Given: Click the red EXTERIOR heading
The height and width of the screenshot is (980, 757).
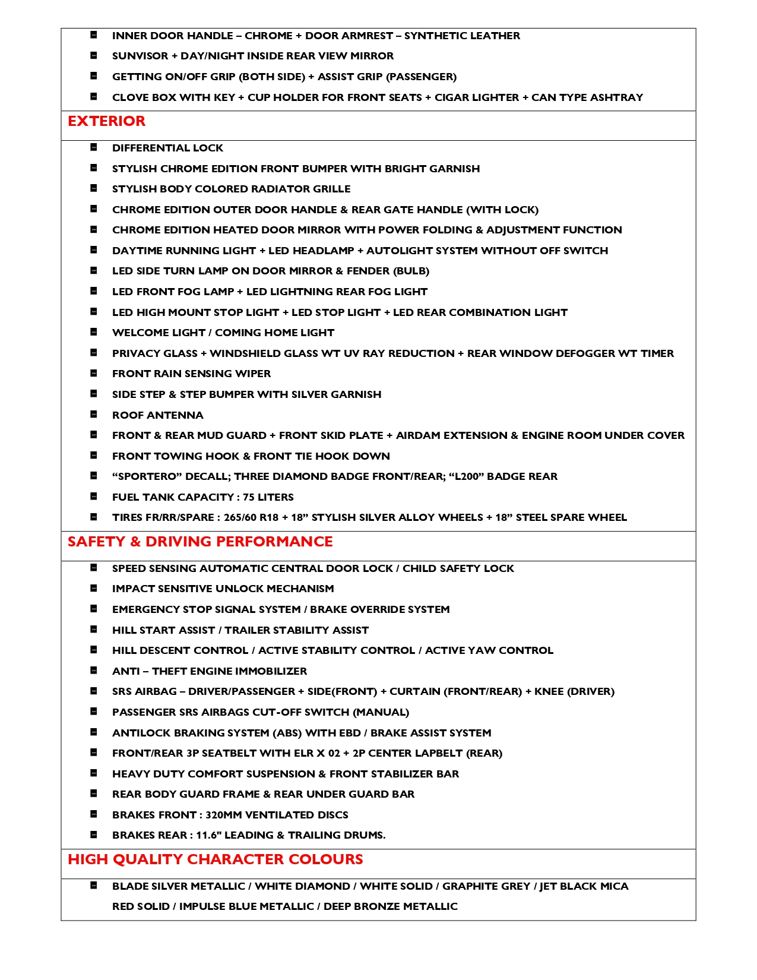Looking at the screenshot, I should (106, 121).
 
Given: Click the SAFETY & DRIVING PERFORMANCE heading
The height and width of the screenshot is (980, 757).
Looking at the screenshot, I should (200, 542).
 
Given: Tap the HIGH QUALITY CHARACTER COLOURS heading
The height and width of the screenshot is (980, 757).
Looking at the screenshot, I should (215, 859).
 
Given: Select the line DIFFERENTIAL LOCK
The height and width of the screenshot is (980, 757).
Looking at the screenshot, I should (167, 148).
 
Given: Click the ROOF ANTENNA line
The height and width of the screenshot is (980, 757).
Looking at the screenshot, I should (157, 415).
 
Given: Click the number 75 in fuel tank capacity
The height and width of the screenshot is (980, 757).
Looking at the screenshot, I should (249, 497).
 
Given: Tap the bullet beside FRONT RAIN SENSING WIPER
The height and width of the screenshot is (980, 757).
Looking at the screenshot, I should (94, 374).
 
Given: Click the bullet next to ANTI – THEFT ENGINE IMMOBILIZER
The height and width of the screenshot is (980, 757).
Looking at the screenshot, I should (94, 671).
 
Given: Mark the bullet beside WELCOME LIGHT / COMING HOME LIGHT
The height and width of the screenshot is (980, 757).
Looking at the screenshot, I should (94, 333).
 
